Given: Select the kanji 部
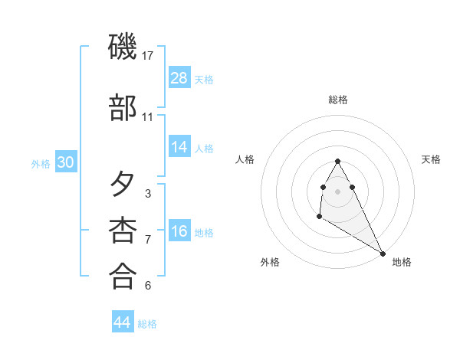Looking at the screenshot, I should click(x=123, y=108).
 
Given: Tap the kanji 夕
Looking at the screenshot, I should click(x=123, y=184).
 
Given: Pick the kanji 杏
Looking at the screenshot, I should click(x=123, y=230).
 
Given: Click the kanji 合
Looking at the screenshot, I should click(x=123, y=276).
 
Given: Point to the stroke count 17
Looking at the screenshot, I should click(x=149, y=56).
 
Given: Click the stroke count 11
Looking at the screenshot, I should click(x=148, y=117).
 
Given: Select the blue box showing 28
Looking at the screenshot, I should click(x=179, y=78).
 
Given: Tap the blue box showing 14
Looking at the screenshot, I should click(x=179, y=147).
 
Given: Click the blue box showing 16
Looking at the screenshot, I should click(x=179, y=231).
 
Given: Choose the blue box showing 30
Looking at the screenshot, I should click(x=65, y=162).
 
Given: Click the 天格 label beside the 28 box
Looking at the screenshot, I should click(x=204, y=79).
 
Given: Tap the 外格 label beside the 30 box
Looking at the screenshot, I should click(x=41, y=162).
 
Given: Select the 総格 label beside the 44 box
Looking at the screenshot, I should click(x=147, y=323).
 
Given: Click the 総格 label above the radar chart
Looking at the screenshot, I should click(x=337, y=100).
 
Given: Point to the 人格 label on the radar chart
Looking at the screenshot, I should click(x=245, y=159).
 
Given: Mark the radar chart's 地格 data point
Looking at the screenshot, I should click(x=383, y=253).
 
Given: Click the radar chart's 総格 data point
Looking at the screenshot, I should click(x=337, y=162).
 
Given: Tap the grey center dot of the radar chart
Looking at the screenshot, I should click(x=337, y=191).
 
